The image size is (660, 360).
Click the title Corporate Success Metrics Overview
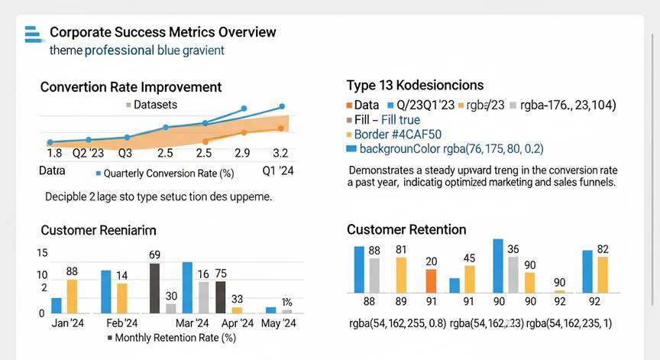pyautogui.click(x=163, y=33)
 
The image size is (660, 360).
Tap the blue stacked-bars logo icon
pyautogui.click(x=32, y=34)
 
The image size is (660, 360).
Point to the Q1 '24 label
pyautogui.click(x=278, y=171)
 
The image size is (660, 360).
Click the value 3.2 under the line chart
pyautogui.click(x=280, y=154)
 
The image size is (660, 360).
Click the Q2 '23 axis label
pyautogui.click(x=88, y=153)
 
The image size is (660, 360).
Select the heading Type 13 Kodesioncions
pyautogui.click(x=415, y=85)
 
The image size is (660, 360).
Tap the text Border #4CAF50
pyautogui.click(x=390, y=134)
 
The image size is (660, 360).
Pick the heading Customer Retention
pyautogui.click(x=406, y=229)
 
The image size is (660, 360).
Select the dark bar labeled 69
pyautogui.click(x=154, y=288)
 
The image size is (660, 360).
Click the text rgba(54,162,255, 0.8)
pyautogui.click(x=396, y=323)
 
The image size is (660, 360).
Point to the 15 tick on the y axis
pyautogui.click(x=42, y=254)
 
